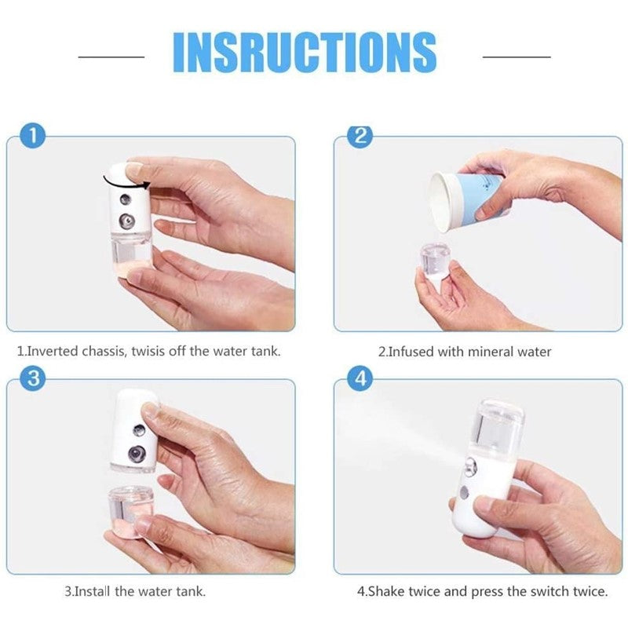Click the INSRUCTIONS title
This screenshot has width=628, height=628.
pyautogui.click(x=305, y=52)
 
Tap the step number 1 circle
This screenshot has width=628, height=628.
pyautogui.click(x=32, y=136)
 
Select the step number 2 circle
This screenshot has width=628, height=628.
pyautogui.click(x=360, y=136)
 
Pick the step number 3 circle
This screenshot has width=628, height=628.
pyautogui.click(x=32, y=378)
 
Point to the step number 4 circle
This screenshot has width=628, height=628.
pyautogui.click(x=360, y=378)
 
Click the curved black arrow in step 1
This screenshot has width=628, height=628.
pyautogui.click(x=126, y=184)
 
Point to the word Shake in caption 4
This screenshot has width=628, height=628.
pyautogui.click(x=385, y=591)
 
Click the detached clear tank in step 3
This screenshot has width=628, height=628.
pyautogui.click(x=130, y=512)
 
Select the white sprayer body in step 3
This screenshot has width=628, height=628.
pyautogui.click(x=135, y=430)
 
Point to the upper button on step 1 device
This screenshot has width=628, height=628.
pyautogui.click(x=126, y=199)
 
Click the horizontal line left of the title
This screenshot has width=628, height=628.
pyautogui.click(x=111, y=57)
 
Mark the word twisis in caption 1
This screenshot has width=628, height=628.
pyautogui.click(x=147, y=351)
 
